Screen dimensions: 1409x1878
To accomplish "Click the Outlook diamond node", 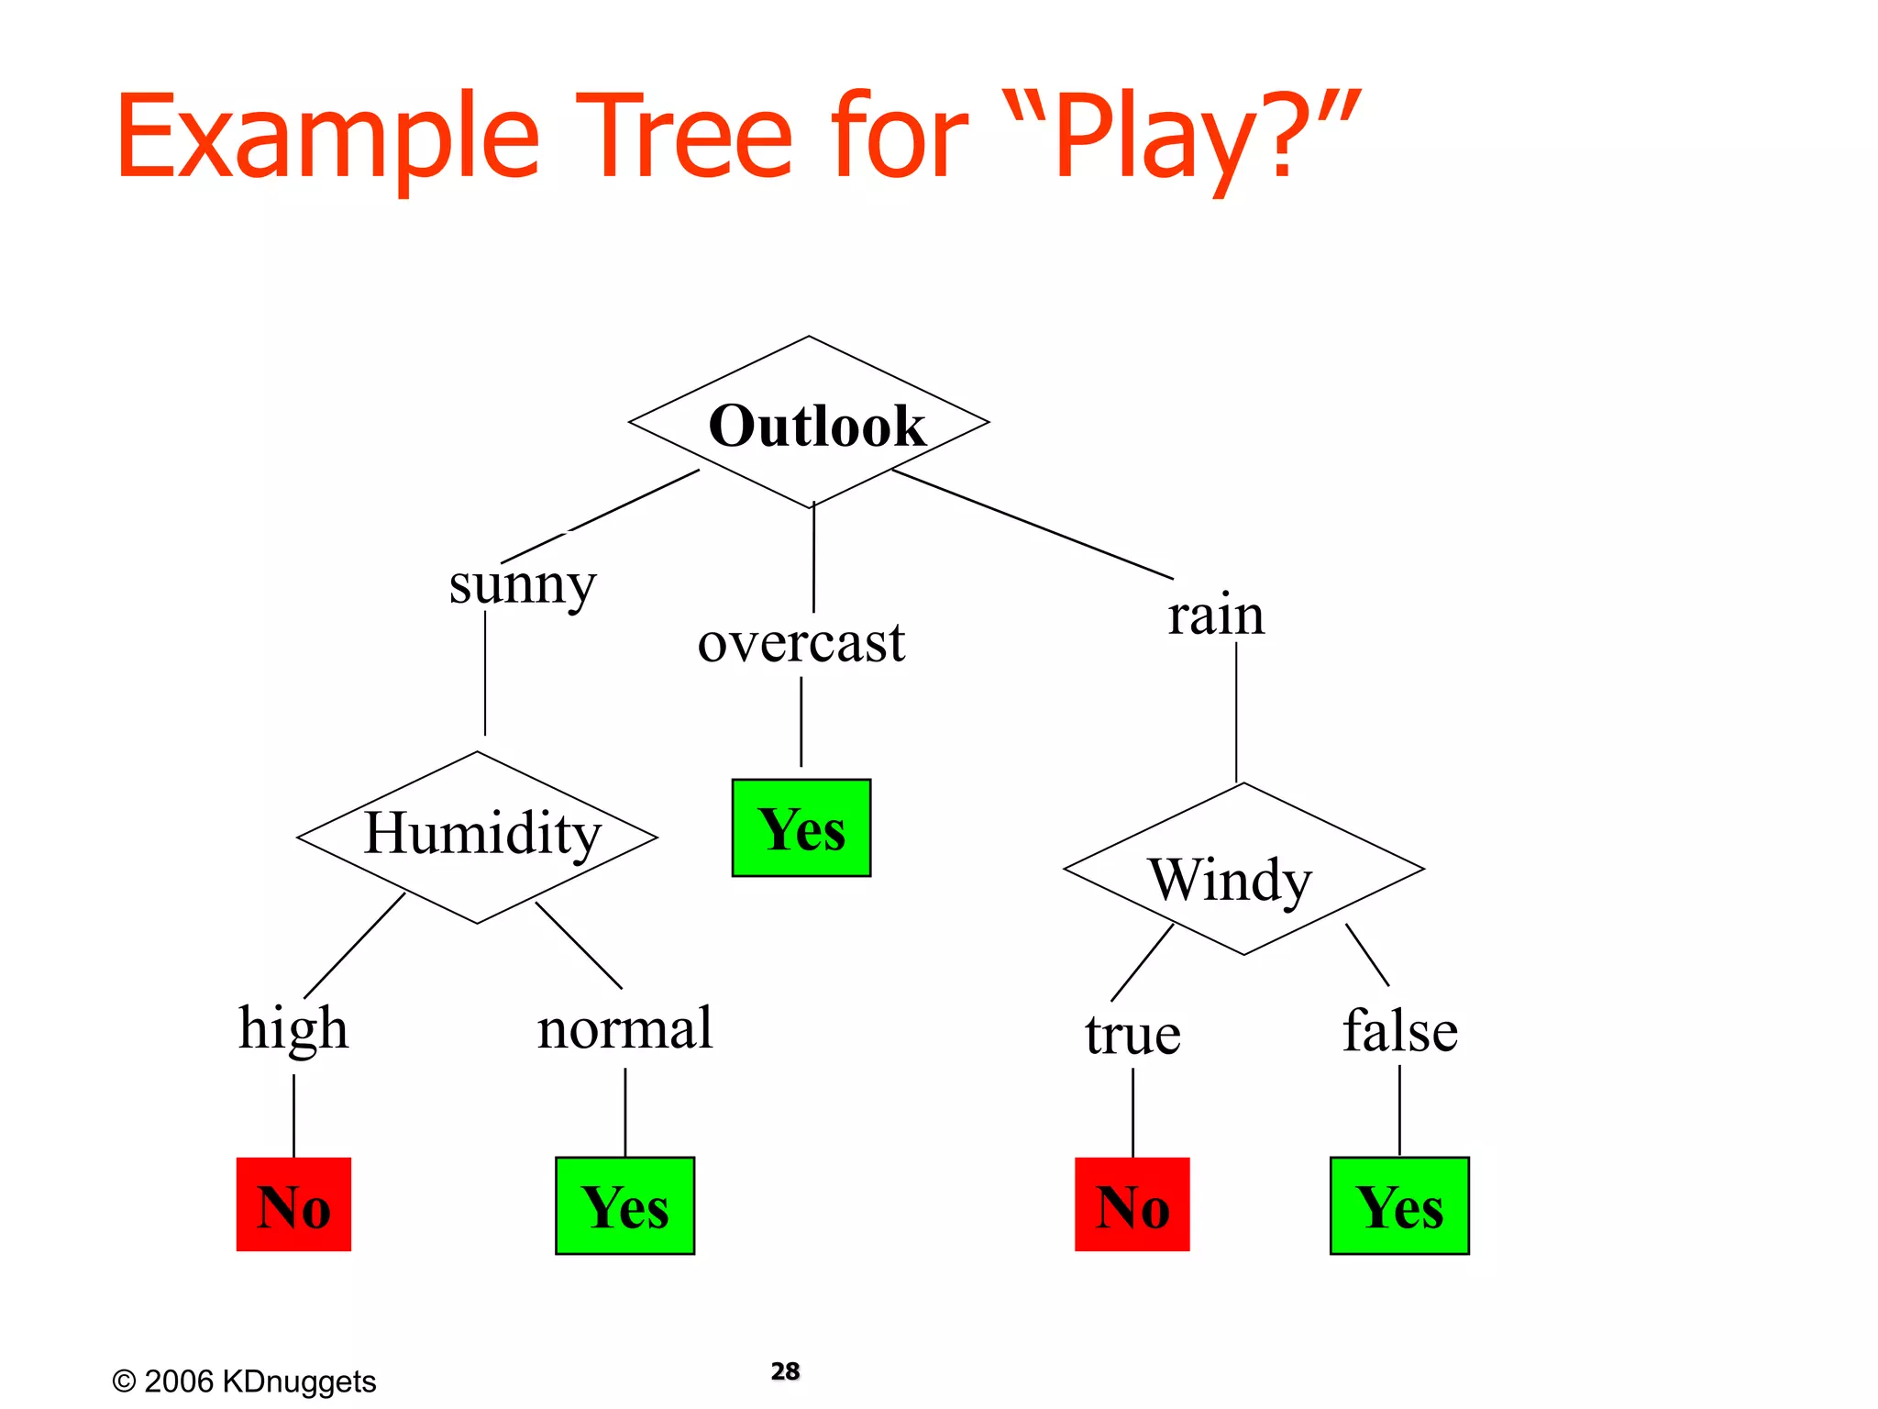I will pos(810,424).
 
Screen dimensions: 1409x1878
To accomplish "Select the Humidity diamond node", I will pos(478,836).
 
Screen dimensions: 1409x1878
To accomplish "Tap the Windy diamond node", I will pos(1243,870).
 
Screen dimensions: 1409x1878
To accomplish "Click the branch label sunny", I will pos(522,584).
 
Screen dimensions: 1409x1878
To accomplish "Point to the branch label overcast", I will pos(801,642).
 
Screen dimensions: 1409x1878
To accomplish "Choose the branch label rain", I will pos(1215,615).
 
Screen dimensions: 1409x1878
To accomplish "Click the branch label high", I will pos(293,1028).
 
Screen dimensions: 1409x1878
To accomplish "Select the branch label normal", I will pos(624,1028).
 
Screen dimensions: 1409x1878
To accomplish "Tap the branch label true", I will pos(1132,1035).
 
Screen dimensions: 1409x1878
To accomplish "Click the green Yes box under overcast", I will pos(801,828).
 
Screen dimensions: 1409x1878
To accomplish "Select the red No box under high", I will pos(293,1204).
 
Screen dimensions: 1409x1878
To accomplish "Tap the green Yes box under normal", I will pos(624,1205).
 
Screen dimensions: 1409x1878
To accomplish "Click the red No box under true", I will pos(1132,1204).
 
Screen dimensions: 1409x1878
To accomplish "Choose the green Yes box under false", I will pos(1399,1205).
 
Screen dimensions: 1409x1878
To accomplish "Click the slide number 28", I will pos(785,1370).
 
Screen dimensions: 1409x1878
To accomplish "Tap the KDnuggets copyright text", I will pos(244,1381).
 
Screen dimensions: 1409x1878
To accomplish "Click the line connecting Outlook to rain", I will pos(1032,524).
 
